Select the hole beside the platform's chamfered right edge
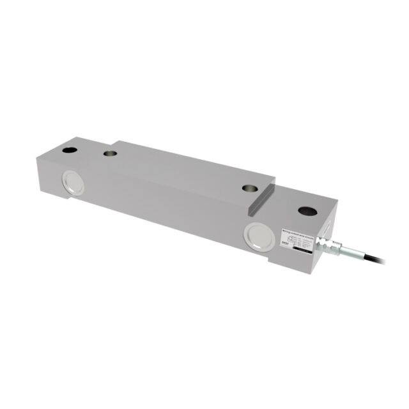tap(250, 189)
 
